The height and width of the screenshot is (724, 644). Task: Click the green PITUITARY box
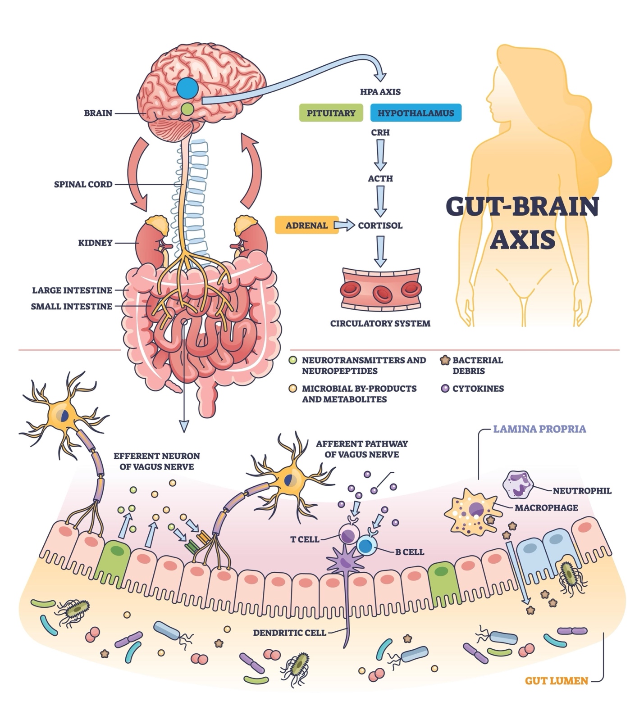[331, 113]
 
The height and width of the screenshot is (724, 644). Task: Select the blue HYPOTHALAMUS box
[416, 113]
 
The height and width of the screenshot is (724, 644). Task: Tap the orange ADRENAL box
[306, 225]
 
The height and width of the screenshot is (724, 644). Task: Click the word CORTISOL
[380, 225]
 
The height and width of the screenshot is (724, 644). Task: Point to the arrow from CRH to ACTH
[380, 154]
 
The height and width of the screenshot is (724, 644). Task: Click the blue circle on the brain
[187, 87]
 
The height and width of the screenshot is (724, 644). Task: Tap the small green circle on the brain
[187, 109]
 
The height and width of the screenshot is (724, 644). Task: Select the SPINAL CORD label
[83, 184]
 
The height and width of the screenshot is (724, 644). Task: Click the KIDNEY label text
[95, 243]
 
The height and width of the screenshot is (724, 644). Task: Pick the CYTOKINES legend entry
[478, 389]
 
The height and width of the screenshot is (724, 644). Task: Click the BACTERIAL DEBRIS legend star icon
[445, 360]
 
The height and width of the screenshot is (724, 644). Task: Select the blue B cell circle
[366, 546]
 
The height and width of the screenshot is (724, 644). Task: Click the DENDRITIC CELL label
[289, 633]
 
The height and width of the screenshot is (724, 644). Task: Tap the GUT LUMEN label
[556, 680]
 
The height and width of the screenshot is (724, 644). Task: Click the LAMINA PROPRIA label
[539, 429]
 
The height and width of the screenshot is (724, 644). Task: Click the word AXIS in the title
[522, 239]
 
